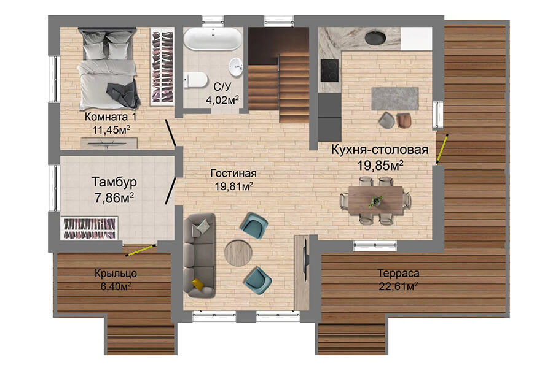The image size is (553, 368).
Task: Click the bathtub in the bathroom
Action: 213,39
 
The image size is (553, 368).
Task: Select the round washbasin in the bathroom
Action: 235,67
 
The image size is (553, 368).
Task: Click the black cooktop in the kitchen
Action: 329,71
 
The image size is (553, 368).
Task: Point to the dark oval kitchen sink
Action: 375,38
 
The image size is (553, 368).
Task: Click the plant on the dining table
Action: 376,201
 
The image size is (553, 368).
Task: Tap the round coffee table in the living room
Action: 238,253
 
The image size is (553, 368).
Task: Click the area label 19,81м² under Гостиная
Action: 233,186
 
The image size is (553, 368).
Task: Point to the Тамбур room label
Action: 114,182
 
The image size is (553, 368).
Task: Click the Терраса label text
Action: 398,273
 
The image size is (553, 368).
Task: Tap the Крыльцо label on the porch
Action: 116,274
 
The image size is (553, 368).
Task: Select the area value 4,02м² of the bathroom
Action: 222,99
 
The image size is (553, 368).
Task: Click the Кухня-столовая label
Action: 380,149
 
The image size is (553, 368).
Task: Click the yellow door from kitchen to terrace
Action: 442,148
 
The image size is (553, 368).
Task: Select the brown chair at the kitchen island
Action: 404,120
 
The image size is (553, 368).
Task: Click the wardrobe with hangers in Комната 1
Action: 162,67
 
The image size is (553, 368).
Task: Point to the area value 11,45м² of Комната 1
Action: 111,130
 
